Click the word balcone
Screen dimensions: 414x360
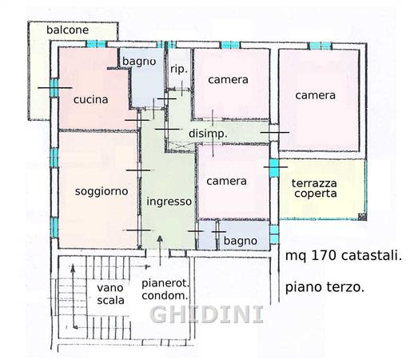tap(67, 30)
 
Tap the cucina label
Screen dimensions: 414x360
tap(90, 99)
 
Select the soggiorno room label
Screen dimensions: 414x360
tap(102, 192)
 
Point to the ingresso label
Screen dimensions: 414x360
tap(169, 202)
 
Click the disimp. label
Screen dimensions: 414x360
tap(208, 134)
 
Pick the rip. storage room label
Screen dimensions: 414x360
tap(179, 70)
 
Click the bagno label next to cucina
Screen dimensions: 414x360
tap(139, 62)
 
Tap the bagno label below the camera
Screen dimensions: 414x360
tap(241, 241)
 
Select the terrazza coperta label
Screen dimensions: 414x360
tap(314, 189)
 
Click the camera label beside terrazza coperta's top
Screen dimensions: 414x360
tap(315, 95)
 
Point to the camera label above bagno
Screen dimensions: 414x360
tap(226, 182)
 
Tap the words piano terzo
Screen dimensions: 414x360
tap(324, 287)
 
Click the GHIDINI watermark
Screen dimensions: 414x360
tap(207, 314)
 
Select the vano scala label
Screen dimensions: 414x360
tap(110, 294)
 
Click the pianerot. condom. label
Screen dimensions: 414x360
tap(165, 290)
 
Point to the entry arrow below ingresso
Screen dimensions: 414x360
tap(160, 250)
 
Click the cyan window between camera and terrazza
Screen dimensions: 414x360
tap(274, 168)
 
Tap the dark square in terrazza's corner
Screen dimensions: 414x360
tap(362, 217)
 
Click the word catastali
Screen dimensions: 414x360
tap(372, 256)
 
